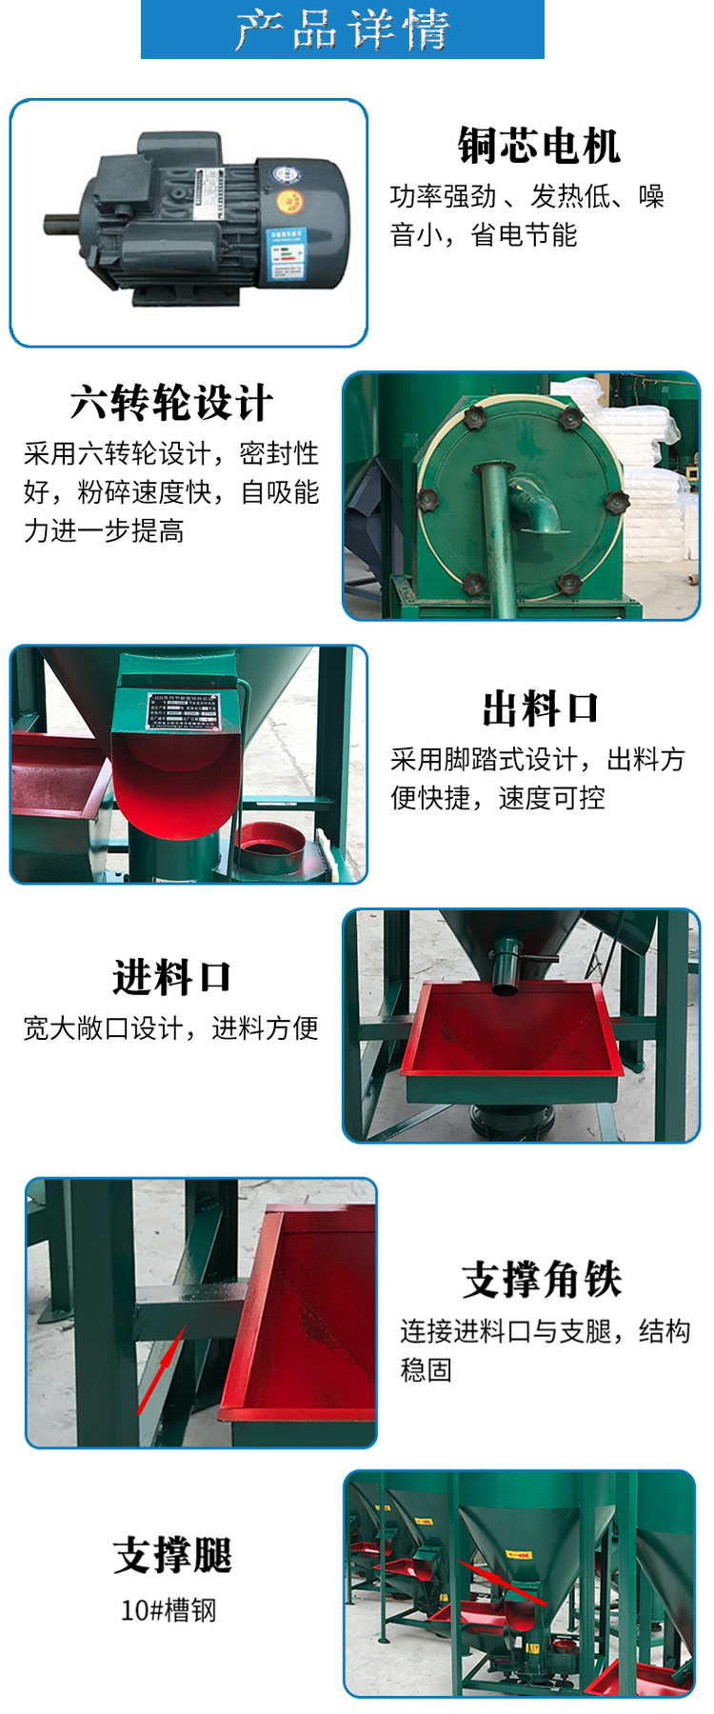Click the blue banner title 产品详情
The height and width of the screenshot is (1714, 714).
click(x=343, y=30)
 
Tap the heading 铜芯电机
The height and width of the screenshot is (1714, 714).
click(x=539, y=146)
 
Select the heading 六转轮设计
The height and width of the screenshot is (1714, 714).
click(x=171, y=403)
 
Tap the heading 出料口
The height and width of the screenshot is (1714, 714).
click(x=540, y=708)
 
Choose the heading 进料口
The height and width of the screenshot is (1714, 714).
click(x=171, y=977)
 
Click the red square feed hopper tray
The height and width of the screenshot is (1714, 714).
click(x=514, y=1038)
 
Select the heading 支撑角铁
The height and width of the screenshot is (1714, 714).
click(x=541, y=1279)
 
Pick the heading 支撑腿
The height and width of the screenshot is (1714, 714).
click(x=171, y=1555)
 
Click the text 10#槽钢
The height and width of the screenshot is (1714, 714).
click(x=169, y=1609)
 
